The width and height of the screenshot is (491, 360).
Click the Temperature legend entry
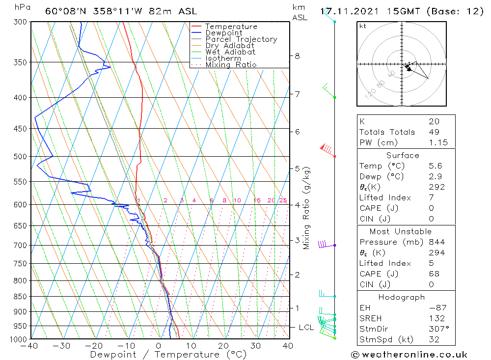pos(231,27)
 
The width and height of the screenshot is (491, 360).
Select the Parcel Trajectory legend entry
pos(241,39)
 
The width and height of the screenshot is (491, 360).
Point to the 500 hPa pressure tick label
pos(20,156)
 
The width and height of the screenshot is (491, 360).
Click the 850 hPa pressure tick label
pos(20,296)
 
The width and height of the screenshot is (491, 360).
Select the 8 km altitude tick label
pos(297,56)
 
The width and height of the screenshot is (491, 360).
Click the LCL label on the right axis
pos(307,327)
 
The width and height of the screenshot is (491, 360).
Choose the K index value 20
pos(434,121)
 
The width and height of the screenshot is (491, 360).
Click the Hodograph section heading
pos(402,298)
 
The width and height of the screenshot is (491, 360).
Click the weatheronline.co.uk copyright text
pos(409,355)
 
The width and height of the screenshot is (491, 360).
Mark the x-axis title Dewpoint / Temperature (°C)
pos(168,355)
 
